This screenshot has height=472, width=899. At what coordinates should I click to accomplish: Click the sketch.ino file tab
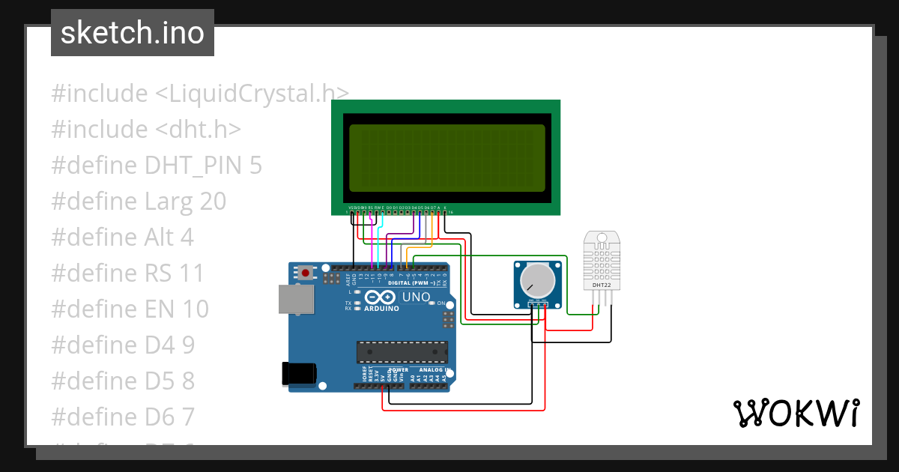pyautogui.click(x=133, y=33)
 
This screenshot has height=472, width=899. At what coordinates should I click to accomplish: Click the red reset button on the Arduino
pyautogui.click(x=305, y=272)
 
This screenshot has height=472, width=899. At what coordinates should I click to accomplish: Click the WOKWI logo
pyautogui.click(x=796, y=413)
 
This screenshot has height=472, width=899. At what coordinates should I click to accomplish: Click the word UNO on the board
pyautogui.click(x=417, y=297)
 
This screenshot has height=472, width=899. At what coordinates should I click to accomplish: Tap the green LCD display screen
pyautogui.click(x=447, y=158)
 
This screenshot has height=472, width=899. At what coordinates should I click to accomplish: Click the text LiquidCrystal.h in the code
pyautogui.click(x=252, y=94)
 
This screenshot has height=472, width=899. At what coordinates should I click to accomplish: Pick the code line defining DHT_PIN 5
pyautogui.click(x=157, y=166)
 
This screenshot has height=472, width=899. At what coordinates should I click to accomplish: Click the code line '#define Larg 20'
pyautogui.click(x=139, y=202)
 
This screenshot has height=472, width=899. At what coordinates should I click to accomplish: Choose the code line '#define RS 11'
pyautogui.click(x=127, y=273)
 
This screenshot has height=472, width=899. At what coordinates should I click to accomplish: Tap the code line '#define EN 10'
pyautogui.click(x=130, y=309)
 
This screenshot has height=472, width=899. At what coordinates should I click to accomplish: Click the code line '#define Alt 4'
pyautogui.click(x=122, y=237)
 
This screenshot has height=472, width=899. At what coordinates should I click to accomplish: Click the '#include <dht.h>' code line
pyautogui.click(x=146, y=130)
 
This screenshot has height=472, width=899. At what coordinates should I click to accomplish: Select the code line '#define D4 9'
pyautogui.click(x=123, y=345)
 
